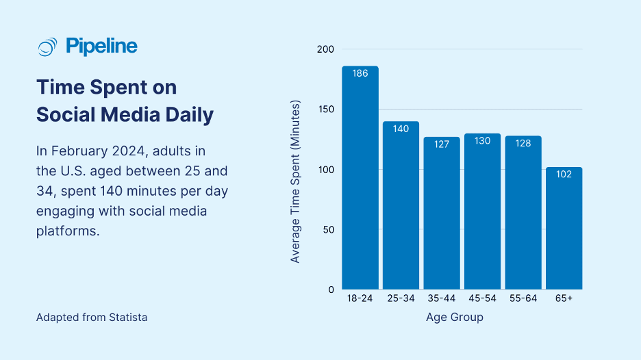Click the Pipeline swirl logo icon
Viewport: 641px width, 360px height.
47,47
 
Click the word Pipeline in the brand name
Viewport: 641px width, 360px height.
101,47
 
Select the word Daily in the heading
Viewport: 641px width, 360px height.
187,114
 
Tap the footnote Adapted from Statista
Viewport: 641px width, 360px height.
91,318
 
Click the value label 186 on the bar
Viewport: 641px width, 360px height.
360,73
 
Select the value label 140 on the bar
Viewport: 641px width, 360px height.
401,129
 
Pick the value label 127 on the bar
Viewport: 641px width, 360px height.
442,144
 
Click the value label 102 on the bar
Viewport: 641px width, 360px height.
564,175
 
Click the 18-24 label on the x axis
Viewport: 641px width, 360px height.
360,299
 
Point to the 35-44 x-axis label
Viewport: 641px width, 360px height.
442,299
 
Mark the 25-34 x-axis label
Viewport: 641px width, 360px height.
401,299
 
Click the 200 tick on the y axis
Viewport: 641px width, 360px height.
325,49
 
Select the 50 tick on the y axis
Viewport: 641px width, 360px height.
328,229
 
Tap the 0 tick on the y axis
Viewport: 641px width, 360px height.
331,290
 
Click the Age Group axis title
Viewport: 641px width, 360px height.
454,317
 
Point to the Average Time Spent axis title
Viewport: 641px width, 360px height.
296,181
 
